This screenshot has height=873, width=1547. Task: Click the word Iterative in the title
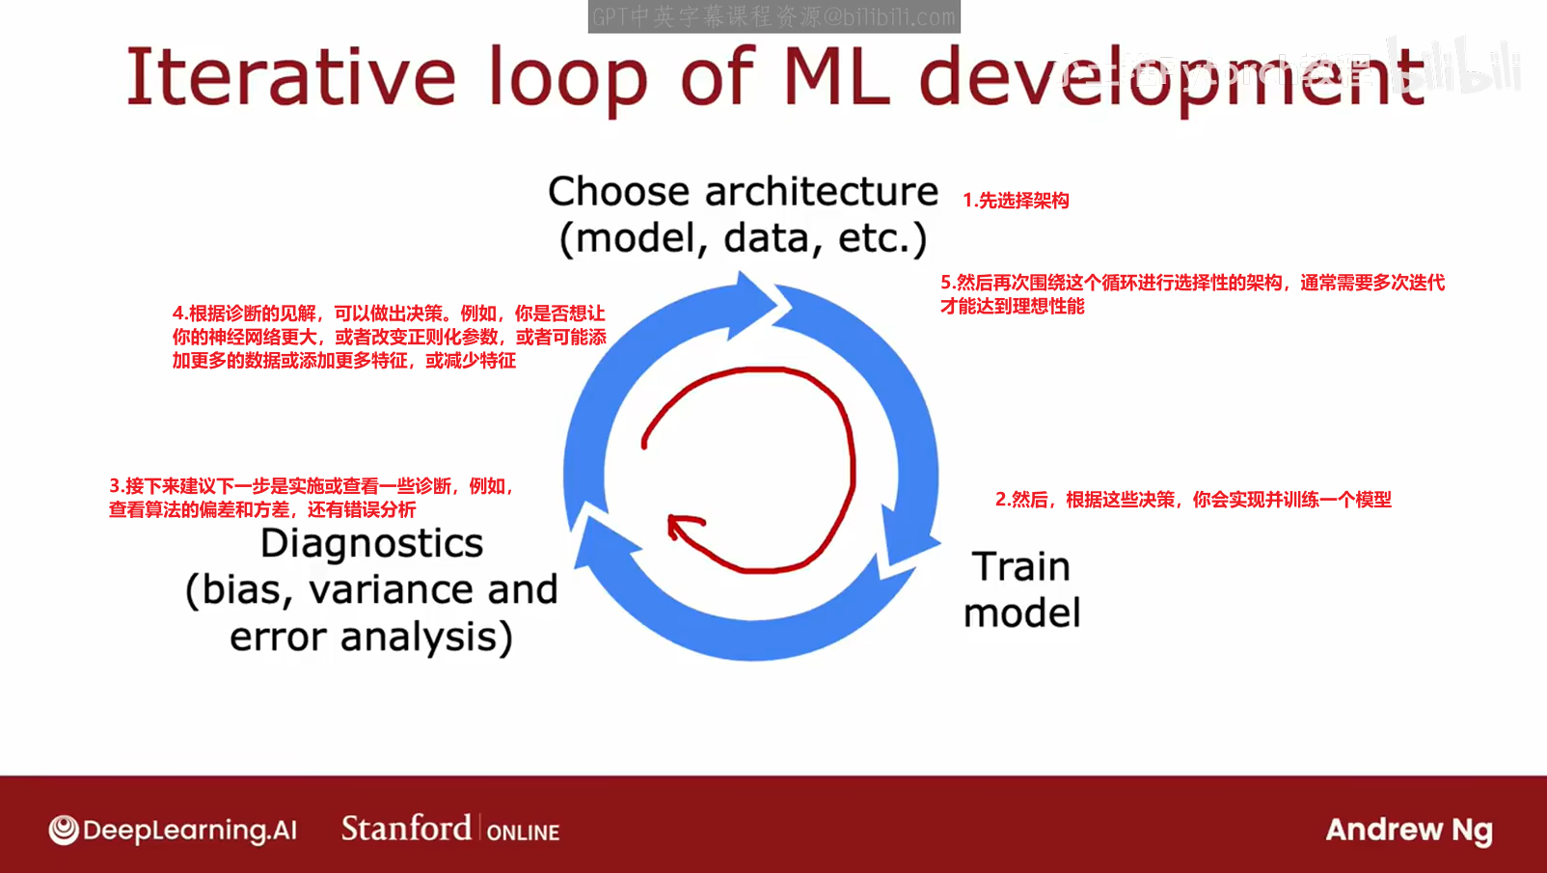tap(290, 76)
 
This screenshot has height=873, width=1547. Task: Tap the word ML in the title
tap(834, 76)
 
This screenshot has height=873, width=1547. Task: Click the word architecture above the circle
tap(821, 191)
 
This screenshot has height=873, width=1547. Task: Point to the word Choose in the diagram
tap(618, 191)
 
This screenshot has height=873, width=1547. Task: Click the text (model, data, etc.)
tap(743, 238)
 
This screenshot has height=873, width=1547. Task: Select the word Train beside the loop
tap(1020, 567)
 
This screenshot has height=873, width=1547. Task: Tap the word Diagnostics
tap(371, 544)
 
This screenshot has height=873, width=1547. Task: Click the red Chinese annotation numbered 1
tap(1016, 201)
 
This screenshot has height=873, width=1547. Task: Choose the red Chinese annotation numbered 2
tap(1193, 500)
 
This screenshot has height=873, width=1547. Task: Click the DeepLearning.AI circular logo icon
tap(64, 830)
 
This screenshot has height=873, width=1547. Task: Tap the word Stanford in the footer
tap(406, 828)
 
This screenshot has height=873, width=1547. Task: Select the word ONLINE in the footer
tap(523, 832)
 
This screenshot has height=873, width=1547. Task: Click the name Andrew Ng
tap(1408, 830)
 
